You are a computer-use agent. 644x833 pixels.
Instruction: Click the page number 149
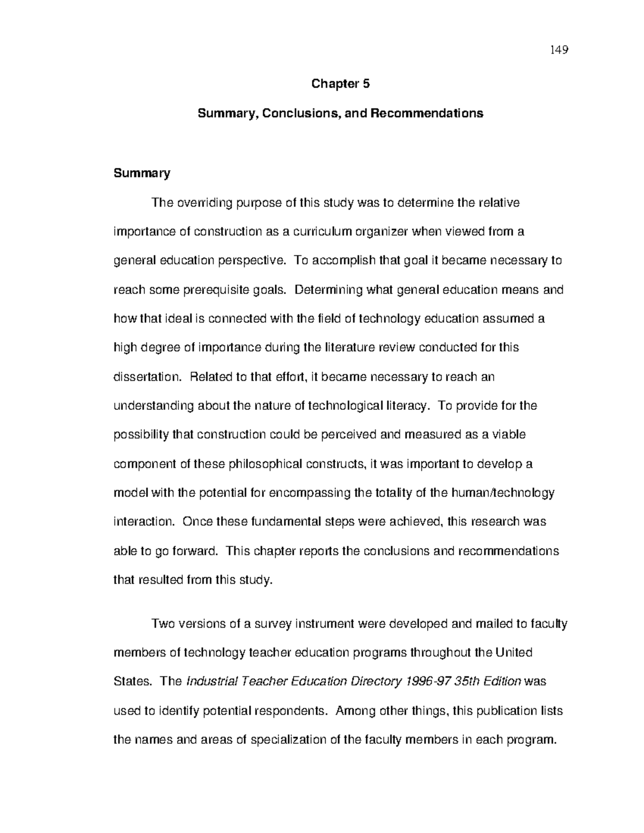click(559, 50)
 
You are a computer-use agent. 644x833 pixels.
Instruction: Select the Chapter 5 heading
click(341, 84)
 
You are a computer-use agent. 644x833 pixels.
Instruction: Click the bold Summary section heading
click(142, 173)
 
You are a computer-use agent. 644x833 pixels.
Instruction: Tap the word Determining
click(328, 290)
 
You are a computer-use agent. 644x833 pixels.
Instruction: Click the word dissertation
click(148, 377)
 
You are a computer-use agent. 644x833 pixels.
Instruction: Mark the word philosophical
click(266, 464)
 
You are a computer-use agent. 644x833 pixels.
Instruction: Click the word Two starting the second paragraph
click(164, 624)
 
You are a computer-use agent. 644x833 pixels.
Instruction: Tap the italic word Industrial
click(211, 682)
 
